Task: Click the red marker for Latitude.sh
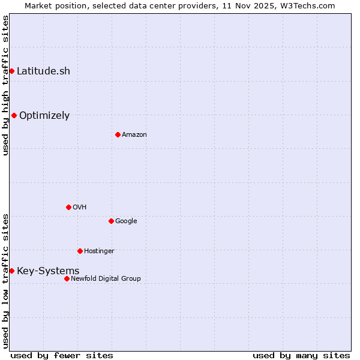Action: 11,71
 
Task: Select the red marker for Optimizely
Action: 14,115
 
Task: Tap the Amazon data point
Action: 118,134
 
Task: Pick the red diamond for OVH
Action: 68,207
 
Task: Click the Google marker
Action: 111,221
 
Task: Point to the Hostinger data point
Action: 80,251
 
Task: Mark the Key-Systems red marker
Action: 11,271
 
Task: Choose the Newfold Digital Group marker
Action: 67,278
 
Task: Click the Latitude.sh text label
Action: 43,71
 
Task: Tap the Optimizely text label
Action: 44,115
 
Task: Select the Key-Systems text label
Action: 48,271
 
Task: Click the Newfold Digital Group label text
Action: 106,278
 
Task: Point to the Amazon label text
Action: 134,134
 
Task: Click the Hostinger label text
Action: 99,251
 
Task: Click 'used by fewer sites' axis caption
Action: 62,355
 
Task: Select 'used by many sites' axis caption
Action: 301,355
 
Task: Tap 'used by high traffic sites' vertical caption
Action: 5,85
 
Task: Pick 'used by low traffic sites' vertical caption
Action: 5,280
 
